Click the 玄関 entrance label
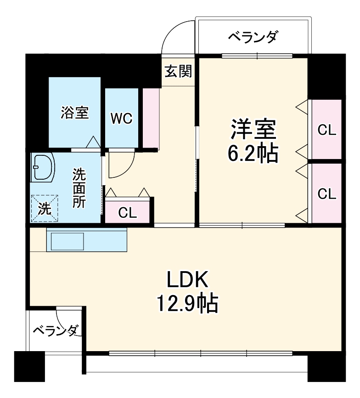(x=179, y=71)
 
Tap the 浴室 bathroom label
(x=75, y=113)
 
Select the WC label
(x=121, y=118)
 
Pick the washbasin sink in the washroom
(x=43, y=168)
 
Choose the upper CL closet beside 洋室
(x=327, y=130)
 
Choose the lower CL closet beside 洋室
(x=327, y=193)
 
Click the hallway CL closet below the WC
(x=128, y=212)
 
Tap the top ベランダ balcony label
(x=253, y=37)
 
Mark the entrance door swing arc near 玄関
(x=177, y=34)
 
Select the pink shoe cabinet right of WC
(x=150, y=118)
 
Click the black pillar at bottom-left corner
(x=29, y=366)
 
